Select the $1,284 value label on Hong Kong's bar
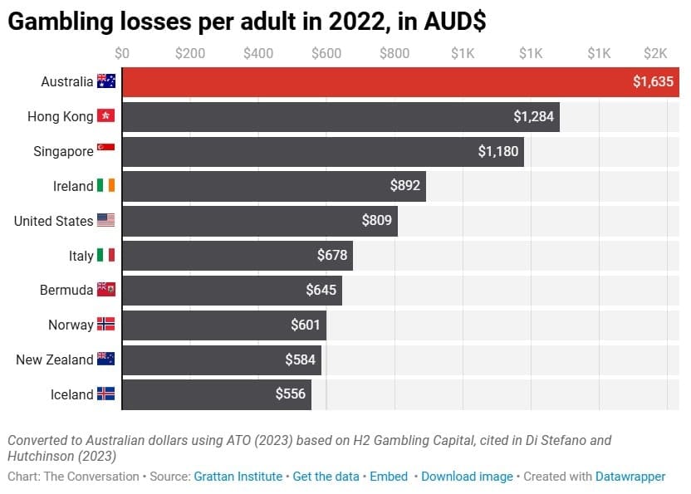(533, 117)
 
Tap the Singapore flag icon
(105, 152)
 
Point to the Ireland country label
(73, 187)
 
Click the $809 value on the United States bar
(378, 222)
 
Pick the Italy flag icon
(105, 256)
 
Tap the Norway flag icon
(105, 325)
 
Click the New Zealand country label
(55, 359)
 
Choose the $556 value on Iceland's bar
(291, 394)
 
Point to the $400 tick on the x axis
(258, 54)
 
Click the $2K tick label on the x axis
(655, 54)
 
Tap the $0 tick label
(122, 54)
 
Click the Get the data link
(326, 477)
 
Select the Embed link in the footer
(389, 477)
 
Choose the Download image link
(466, 477)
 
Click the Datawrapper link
(630, 477)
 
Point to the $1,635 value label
(652, 82)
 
